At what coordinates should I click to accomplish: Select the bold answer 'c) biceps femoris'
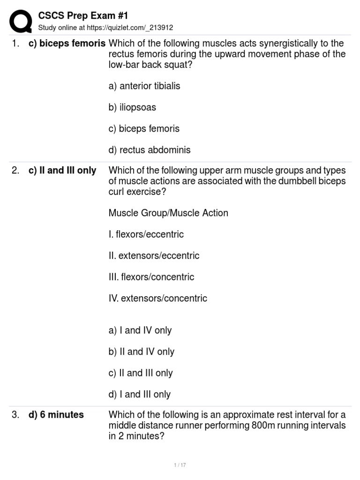67,44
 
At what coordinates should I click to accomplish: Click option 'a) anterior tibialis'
144,86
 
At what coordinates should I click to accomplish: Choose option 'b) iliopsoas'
132,107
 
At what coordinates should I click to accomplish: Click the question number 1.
15,44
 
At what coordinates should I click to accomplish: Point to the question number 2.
15,171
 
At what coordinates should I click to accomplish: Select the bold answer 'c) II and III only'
62,171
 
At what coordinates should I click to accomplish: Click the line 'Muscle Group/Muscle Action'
168,213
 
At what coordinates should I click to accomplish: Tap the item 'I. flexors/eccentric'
146,234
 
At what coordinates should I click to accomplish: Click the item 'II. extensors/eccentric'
154,256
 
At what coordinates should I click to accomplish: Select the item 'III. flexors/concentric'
151,277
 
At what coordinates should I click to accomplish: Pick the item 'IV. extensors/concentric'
158,299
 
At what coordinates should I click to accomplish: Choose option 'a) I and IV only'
140,330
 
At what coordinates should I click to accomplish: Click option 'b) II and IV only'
142,352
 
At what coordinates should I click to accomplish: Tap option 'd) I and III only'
140,395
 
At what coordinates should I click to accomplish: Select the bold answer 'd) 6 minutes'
56,415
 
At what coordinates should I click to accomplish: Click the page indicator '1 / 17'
180,465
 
